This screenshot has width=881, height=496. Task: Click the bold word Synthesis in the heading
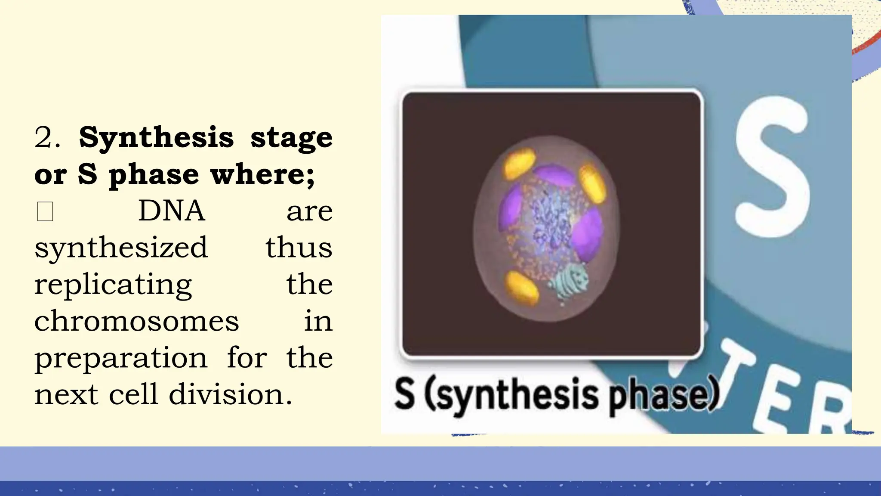[156, 138]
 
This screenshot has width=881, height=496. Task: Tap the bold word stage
[291, 138]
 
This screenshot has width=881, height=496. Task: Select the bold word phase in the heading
[154, 175]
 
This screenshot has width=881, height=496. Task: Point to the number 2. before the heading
[47, 138]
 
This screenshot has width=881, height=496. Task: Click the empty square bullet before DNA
[45, 211]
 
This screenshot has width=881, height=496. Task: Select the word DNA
[171, 211]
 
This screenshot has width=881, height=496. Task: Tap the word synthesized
[121, 248]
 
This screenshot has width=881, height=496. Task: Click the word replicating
[113, 285]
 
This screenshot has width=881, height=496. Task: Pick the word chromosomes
[136, 321]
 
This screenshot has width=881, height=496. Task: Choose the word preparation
[121, 358]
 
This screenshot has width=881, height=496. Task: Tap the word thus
[299, 248]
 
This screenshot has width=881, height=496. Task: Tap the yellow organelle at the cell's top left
[519, 163]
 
